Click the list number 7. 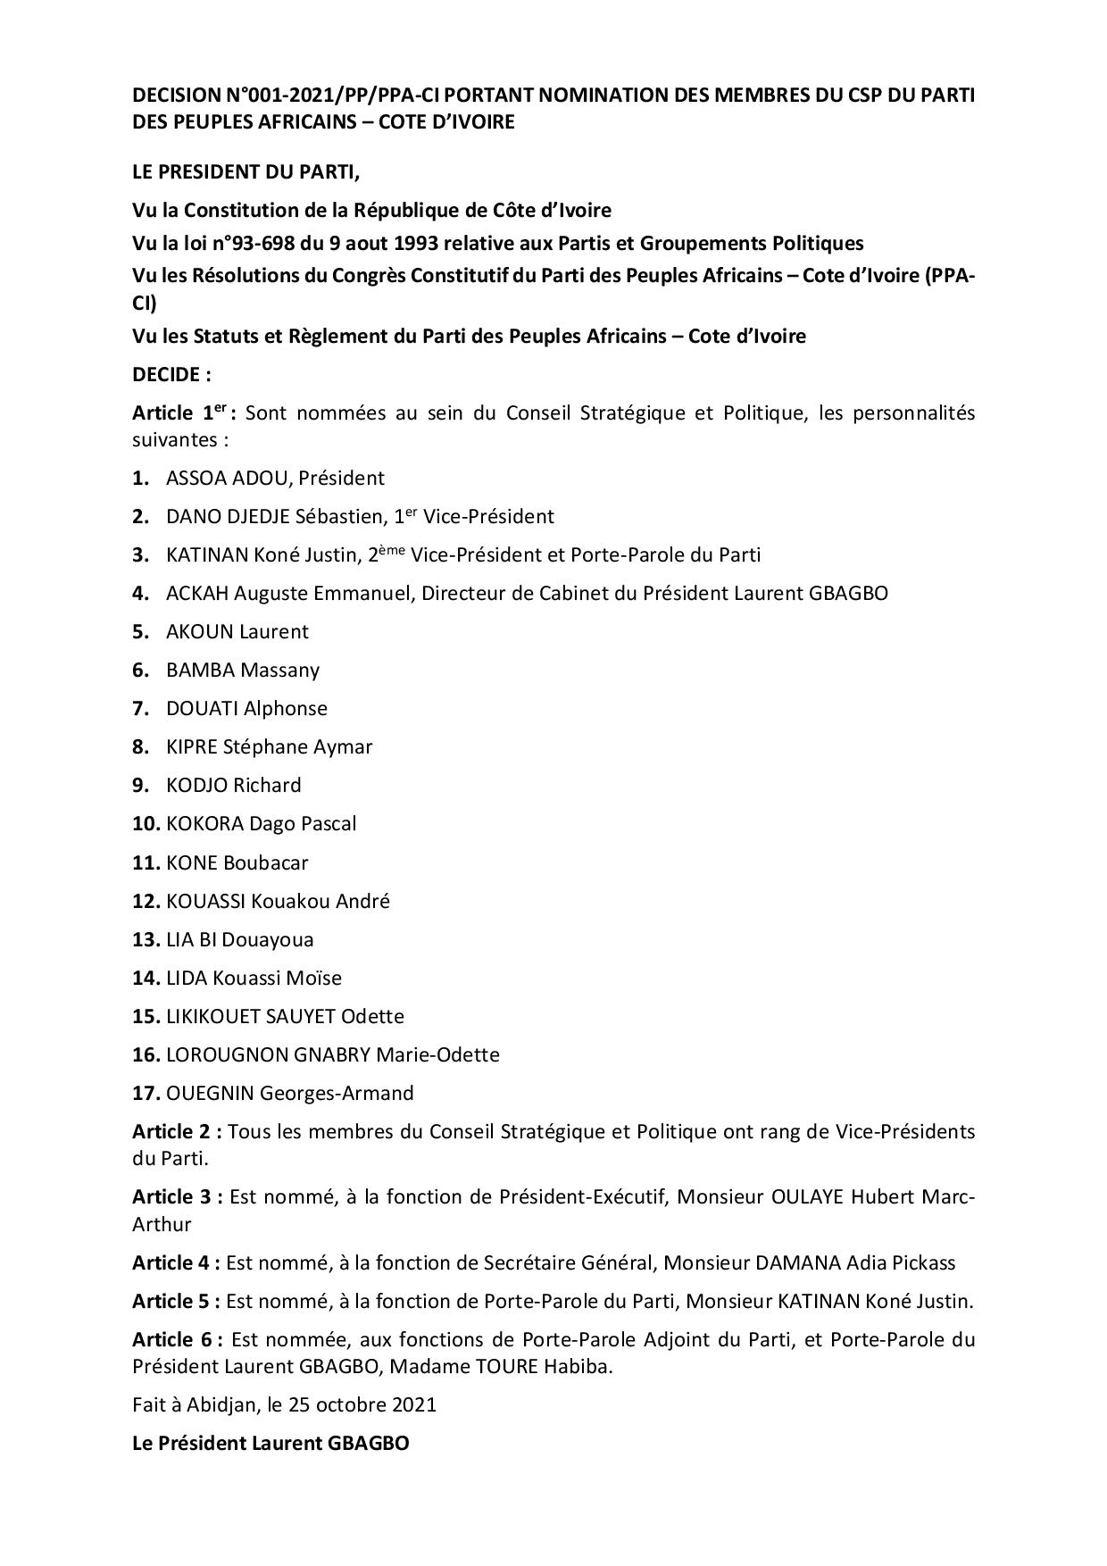click(140, 708)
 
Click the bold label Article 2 click(177, 1132)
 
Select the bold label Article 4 click(176, 1262)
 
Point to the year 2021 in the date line click(414, 1404)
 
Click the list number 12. click(146, 901)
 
